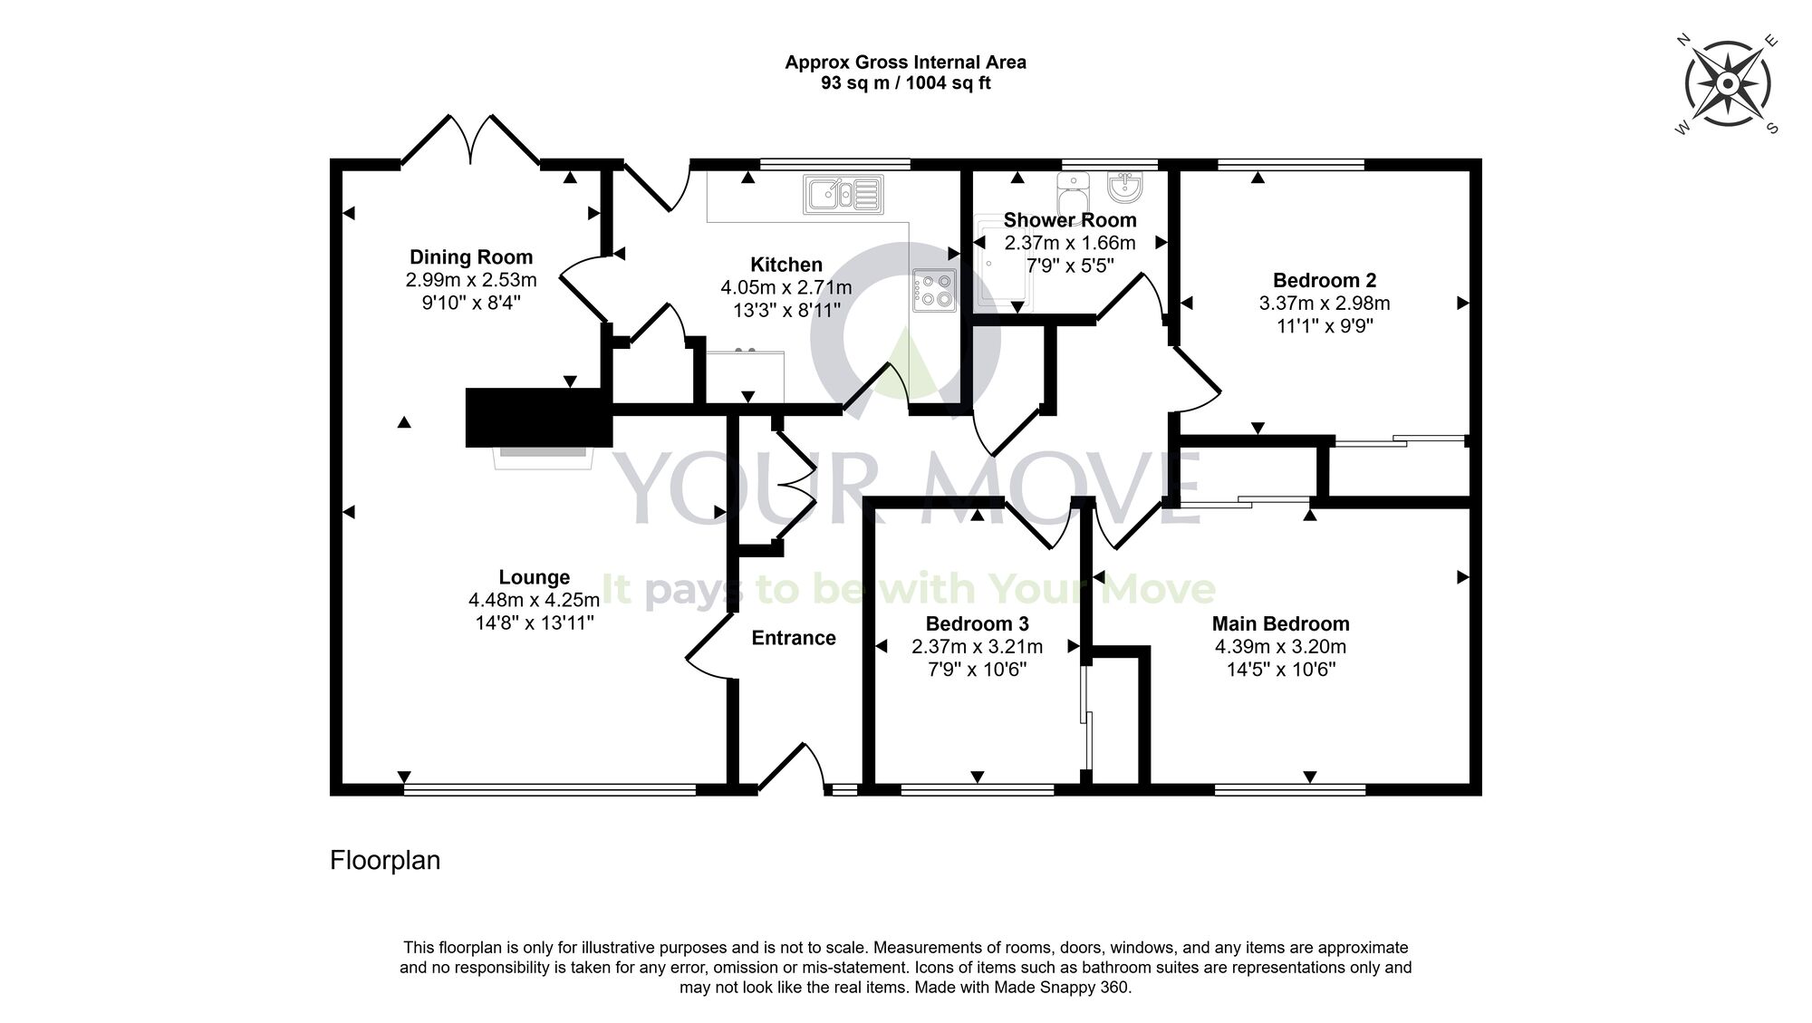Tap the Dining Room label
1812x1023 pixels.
pyautogui.click(x=471, y=256)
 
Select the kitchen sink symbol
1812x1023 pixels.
pyautogui.click(x=842, y=195)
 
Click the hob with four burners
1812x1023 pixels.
pyautogui.click(x=934, y=290)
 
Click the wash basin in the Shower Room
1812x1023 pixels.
pyautogui.click(x=1126, y=187)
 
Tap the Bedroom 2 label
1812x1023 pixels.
pyautogui.click(x=1325, y=280)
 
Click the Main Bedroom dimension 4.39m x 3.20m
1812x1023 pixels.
pyautogui.click(x=1280, y=647)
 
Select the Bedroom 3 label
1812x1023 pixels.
pyautogui.click(x=977, y=623)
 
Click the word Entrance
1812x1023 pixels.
pyautogui.click(x=794, y=638)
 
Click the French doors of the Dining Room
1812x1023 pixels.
pyautogui.click(x=471, y=140)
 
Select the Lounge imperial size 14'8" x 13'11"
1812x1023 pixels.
pyautogui.click(x=535, y=622)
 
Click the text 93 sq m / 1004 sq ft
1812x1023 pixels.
pyautogui.click(x=905, y=83)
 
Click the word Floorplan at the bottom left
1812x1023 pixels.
pyautogui.click(x=385, y=860)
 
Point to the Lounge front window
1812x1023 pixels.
pyautogui.click(x=549, y=789)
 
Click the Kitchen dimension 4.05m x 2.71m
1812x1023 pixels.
pyautogui.click(x=786, y=287)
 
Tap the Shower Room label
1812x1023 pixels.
pyautogui.click(x=1069, y=219)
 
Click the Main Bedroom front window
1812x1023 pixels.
pyautogui.click(x=1289, y=789)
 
